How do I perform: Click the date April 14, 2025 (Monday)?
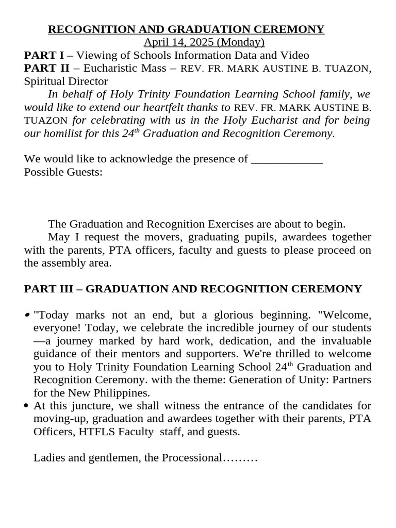point(204,42)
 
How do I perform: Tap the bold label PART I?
point(44,55)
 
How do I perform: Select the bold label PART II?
point(46,68)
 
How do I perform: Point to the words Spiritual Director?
point(66,81)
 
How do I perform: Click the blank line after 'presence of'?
point(287,159)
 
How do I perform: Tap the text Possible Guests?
point(63,172)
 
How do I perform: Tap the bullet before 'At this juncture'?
point(26,406)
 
